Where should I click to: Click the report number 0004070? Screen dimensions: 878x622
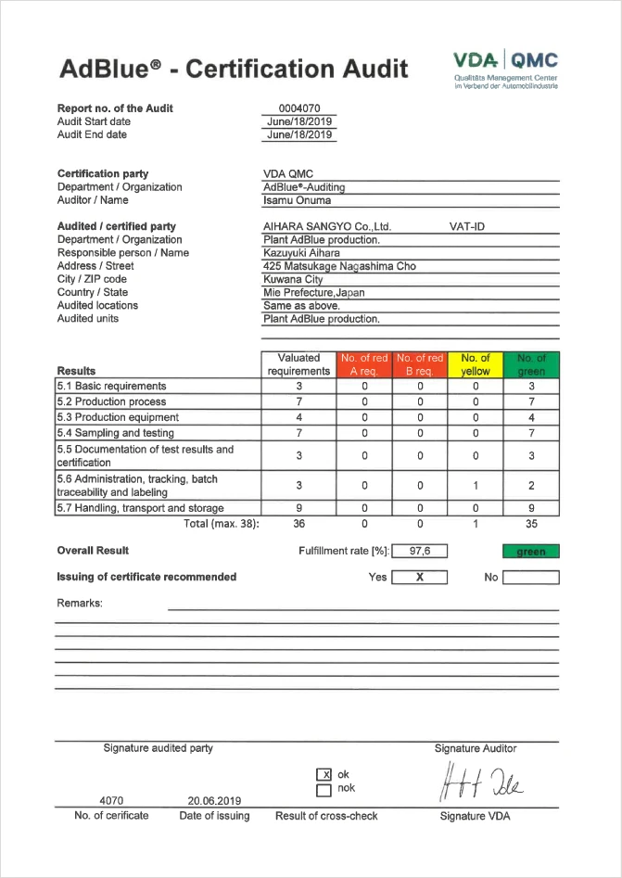tap(298, 108)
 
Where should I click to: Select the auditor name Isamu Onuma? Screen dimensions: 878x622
tap(297, 200)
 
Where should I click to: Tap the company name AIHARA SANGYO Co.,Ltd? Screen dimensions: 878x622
tap(327, 226)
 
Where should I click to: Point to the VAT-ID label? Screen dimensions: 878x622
tap(467, 226)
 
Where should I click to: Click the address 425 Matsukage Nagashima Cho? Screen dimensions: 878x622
tap(339, 266)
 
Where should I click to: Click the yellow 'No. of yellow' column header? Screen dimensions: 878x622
tap(476, 364)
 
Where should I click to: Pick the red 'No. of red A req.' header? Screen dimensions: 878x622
tap(364, 364)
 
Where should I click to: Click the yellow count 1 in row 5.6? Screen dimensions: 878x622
tap(476, 485)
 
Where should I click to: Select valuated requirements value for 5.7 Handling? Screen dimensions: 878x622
tap(298, 508)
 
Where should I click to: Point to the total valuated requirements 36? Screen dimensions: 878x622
tap(298, 523)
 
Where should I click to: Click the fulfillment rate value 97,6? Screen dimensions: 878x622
tap(420, 551)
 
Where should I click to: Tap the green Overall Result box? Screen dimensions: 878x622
tap(531, 552)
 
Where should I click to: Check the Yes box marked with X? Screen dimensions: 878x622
tap(419, 577)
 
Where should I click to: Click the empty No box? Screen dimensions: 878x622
tap(531, 577)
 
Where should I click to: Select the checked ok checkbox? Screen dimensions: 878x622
tap(324, 775)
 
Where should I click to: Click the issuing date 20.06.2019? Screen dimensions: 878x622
tap(214, 801)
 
